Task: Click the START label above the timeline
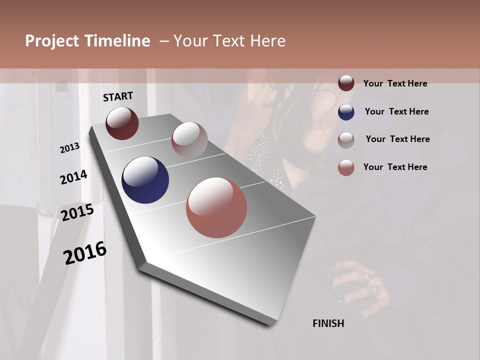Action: pos(118,96)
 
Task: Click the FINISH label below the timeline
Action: pos(328,323)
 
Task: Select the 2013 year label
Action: pos(70,148)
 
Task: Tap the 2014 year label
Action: pos(74,177)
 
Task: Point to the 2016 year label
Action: pos(85,252)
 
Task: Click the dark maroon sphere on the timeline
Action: pos(122,123)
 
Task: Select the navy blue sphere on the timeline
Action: pos(145,180)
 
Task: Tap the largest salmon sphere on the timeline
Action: pos(216,207)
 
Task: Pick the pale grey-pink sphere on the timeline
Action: pos(189,139)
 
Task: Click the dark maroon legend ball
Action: pos(346,83)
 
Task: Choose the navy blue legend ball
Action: pos(346,112)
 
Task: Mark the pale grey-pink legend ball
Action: pos(346,140)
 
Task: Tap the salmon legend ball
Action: pos(346,167)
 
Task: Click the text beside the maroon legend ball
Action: pos(395,83)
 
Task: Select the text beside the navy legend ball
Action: pos(397,111)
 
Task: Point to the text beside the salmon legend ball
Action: pos(395,167)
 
